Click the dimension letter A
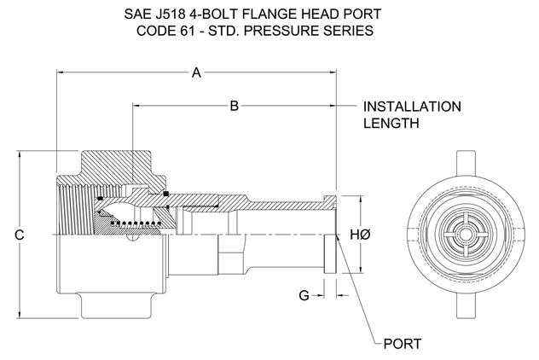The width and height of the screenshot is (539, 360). (x=196, y=74)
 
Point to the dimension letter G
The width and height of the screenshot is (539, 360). (x=304, y=295)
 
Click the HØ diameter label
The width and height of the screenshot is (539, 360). (x=359, y=234)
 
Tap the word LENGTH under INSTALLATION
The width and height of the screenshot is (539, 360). (x=391, y=124)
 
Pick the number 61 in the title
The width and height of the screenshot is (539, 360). (x=191, y=31)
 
